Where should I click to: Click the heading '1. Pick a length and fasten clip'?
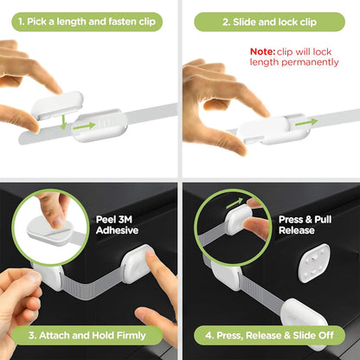coord(88,21)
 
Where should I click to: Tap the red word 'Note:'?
coord(263,52)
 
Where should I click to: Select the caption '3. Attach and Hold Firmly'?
coord(88,335)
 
